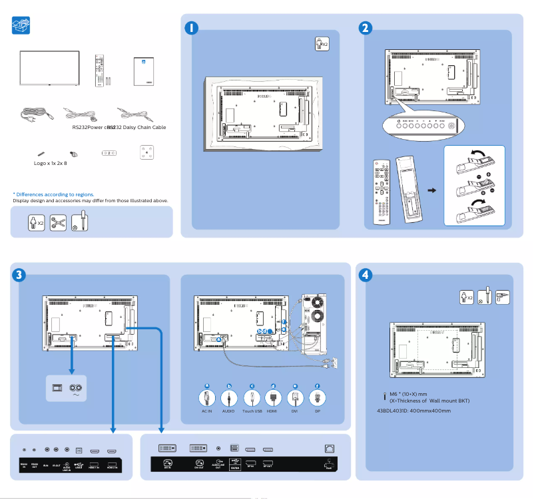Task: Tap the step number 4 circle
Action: coord(366,273)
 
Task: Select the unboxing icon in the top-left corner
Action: coord(21,25)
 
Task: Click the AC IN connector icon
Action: coord(207,398)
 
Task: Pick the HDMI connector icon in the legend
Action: coord(272,398)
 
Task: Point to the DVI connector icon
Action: coord(295,398)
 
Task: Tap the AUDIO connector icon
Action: coord(229,398)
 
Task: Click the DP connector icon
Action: coord(317,398)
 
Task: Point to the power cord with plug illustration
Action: coord(37,114)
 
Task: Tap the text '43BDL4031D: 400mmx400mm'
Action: coord(413,411)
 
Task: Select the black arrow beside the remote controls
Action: coord(431,190)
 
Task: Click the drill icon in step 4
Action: coord(503,297)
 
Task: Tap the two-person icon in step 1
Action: coord(321,44)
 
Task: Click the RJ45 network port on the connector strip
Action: coord(329,449)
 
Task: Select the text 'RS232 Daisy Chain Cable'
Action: coord(138,127)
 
